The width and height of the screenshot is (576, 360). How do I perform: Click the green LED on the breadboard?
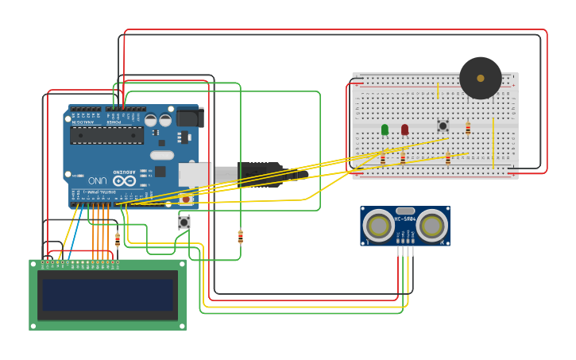pyautogui.click(x=385, y=129)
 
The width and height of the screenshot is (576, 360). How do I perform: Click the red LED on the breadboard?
pyautogui.click(x=404, y=129)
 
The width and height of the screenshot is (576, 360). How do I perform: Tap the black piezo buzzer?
pyautogui.click(x=481, y=78)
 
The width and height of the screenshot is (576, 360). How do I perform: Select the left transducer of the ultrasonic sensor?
pyautogui.click(x=378, y=226)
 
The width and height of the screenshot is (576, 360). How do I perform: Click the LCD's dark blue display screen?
pyautogui.click(x=108, y=295)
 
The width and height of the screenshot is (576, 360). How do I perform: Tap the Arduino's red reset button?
pyautogui.click(x=187, y=199)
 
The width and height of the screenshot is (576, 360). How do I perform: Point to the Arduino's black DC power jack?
pyautogui.click(x=189, y=118)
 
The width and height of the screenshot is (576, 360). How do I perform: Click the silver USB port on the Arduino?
pyautogui.click(x=195, y=174)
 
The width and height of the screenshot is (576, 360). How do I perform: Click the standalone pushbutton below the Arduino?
pyautogui.click(x=184, y=223)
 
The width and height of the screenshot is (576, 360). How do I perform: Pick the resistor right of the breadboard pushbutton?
pyautogui.click(x=468, y=127)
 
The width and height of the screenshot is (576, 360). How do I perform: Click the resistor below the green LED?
pyautogui.click(x=383, y=158)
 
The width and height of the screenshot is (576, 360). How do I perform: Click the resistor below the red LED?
pyautogui.click(x=403, y=158)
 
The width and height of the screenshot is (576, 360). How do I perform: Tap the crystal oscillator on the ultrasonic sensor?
pyautogui.click(x=405, y=211)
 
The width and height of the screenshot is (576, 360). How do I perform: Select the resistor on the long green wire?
pyautogui.click(x=241, y=236)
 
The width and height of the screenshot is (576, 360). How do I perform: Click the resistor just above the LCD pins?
pyautogui.click(x=118, y=238)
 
